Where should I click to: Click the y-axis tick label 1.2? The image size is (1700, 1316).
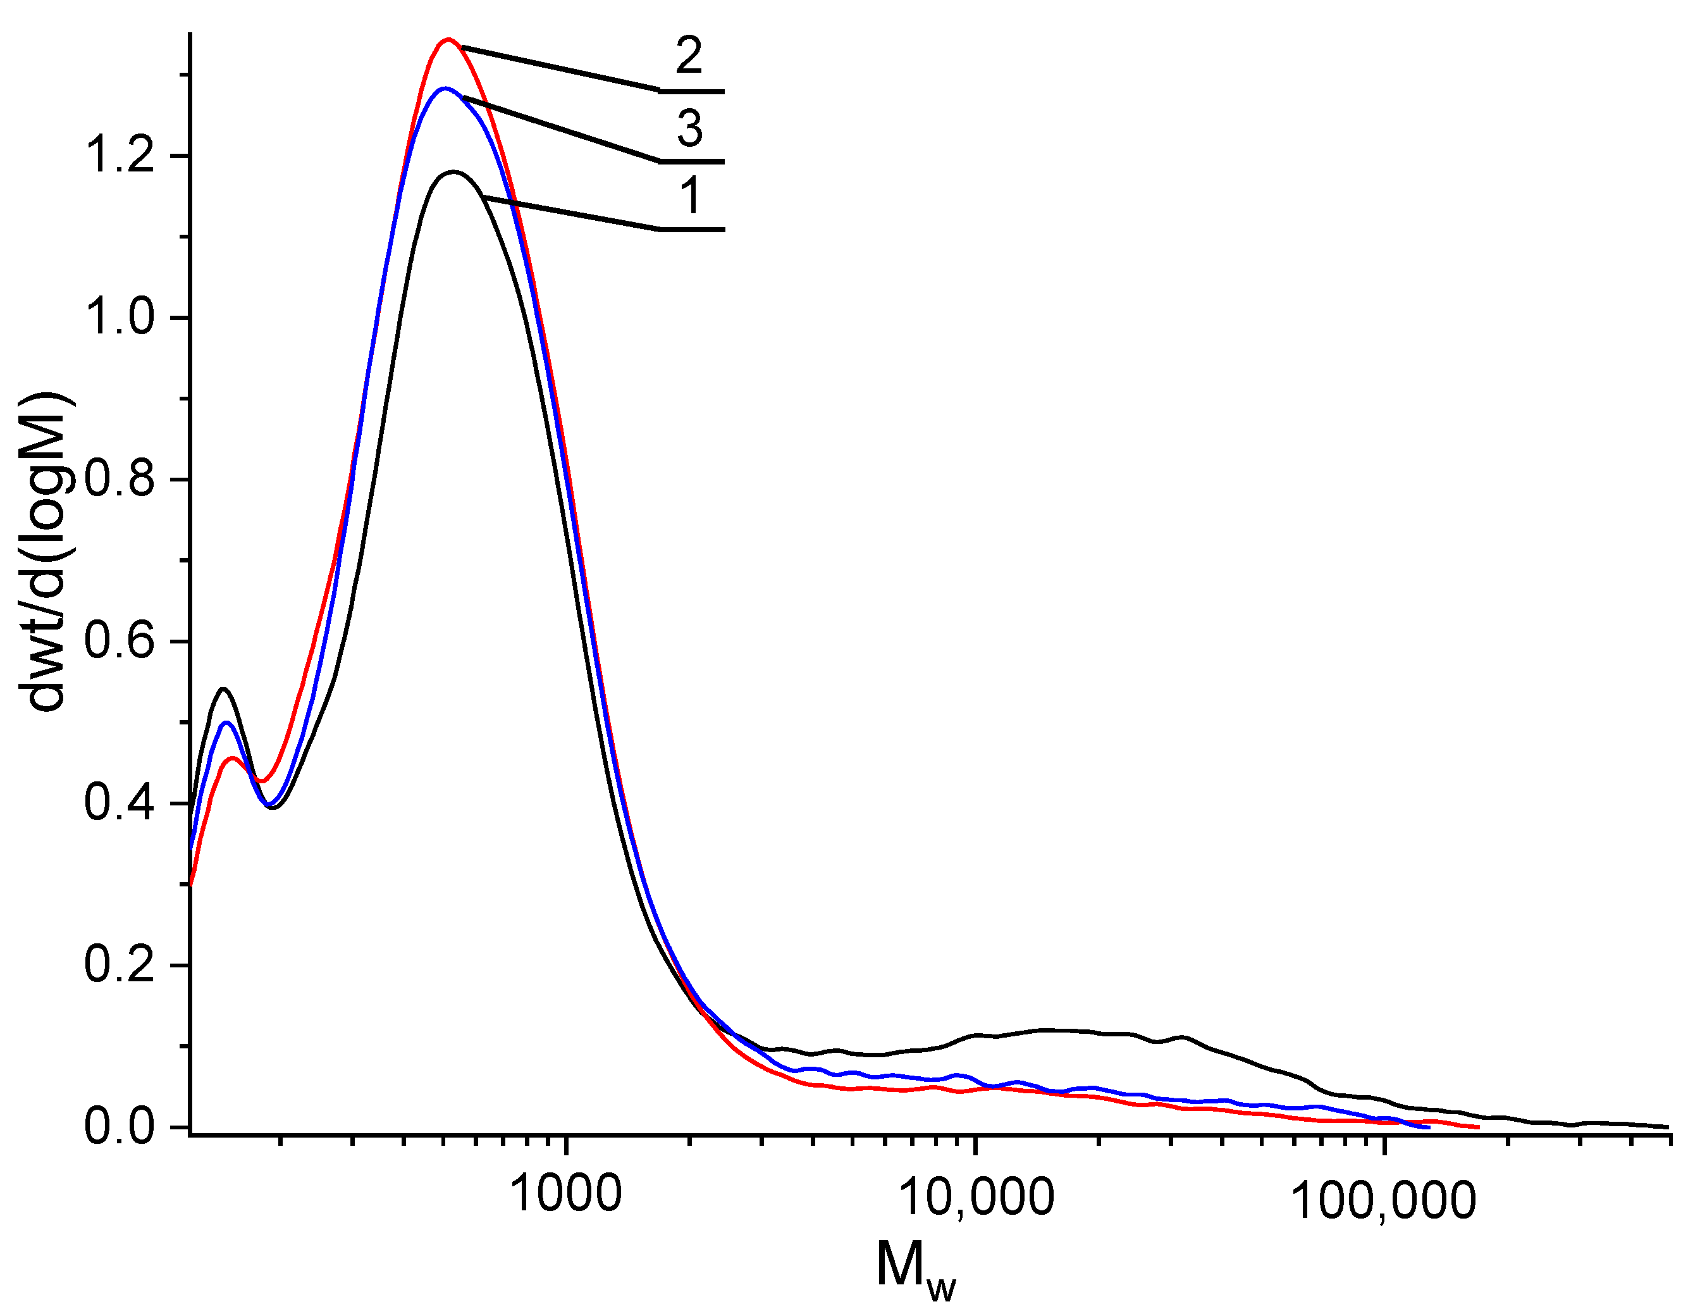click(x=121, y=155)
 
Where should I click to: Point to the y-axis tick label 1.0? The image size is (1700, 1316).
click(x=121, y=317)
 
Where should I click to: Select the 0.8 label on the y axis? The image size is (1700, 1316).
click(x=121, y=479)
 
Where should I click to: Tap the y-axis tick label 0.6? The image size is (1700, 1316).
click(x=121, y=641)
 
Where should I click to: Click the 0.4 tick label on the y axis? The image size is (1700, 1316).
click(x=121, y=803)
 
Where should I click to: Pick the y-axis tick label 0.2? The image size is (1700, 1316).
click(x=121, y=965)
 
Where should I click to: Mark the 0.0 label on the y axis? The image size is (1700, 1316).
click(x=121, y=1126)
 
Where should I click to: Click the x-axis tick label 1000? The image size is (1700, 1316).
click(x=566, y=1194)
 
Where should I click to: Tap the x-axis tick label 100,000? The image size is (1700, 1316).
click(x=1383, y=1200)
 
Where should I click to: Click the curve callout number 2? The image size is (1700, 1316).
click(x=689, y=56)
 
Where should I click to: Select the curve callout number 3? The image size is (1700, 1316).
click(x=689, y=128)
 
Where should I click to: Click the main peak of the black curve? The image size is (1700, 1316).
click(x=453, y=172)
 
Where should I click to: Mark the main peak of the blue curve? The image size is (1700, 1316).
click(x=445, y=89)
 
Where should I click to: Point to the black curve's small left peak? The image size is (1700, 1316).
click(x=224, y=689)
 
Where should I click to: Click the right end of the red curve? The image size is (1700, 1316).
click(x=1477, y=1127)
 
